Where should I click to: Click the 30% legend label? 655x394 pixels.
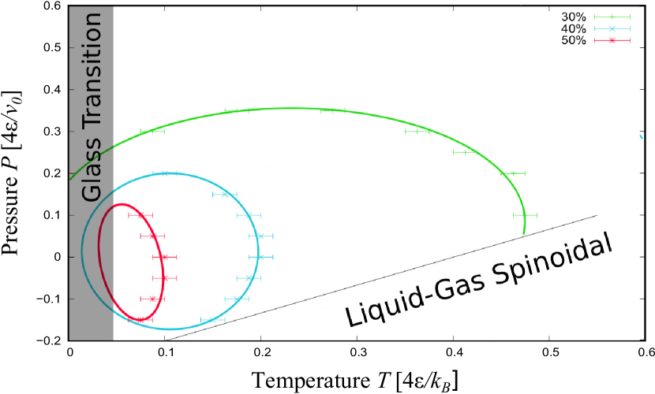[x=574, y=17]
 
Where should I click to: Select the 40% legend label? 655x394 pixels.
[x=574, y=28]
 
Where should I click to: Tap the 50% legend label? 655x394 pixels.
[x=574, y=40]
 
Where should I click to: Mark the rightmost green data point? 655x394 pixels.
[x=525, y=215]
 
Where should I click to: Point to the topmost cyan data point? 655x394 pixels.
[x=165, y=173]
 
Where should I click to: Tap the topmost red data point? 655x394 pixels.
[x=140, y=215]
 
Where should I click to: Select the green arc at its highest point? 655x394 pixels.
[x=292, y=108]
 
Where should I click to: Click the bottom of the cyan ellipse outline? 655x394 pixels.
[x=167, y=329]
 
